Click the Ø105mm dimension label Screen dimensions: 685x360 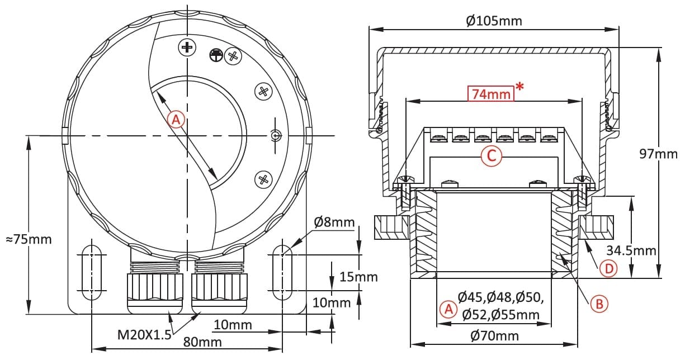click(x=494, y=21)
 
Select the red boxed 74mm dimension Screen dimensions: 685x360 click(x=491, y=93)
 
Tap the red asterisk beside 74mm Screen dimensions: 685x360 click(x=519, y=87)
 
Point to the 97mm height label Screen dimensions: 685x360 click(x=658, y=154)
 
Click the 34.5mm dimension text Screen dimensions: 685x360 click(x=631, y=250)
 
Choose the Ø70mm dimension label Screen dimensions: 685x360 click(x=494, y=335)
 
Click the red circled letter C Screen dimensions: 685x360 click(x=492, y=156)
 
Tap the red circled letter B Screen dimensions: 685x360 click(x=599, y=304)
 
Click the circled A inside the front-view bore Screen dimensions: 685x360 click(x=176, y=120)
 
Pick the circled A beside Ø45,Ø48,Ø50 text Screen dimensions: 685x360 click(x=448, y=310)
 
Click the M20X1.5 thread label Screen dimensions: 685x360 click(x=144, y=335)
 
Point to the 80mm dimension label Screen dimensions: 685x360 click(x=202, y=342)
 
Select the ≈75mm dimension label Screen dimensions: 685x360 click(x=29, y=239)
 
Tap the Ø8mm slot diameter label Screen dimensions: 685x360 click(x=334, y=222)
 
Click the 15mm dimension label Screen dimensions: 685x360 click(x=358, y=277)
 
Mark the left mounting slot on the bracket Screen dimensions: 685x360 click(x=92, y=273)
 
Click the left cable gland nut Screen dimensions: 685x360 click(x=155, y=293)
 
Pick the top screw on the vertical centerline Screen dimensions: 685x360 click(x=187, y=48)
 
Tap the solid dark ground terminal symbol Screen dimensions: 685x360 click(x=216, y=55)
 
